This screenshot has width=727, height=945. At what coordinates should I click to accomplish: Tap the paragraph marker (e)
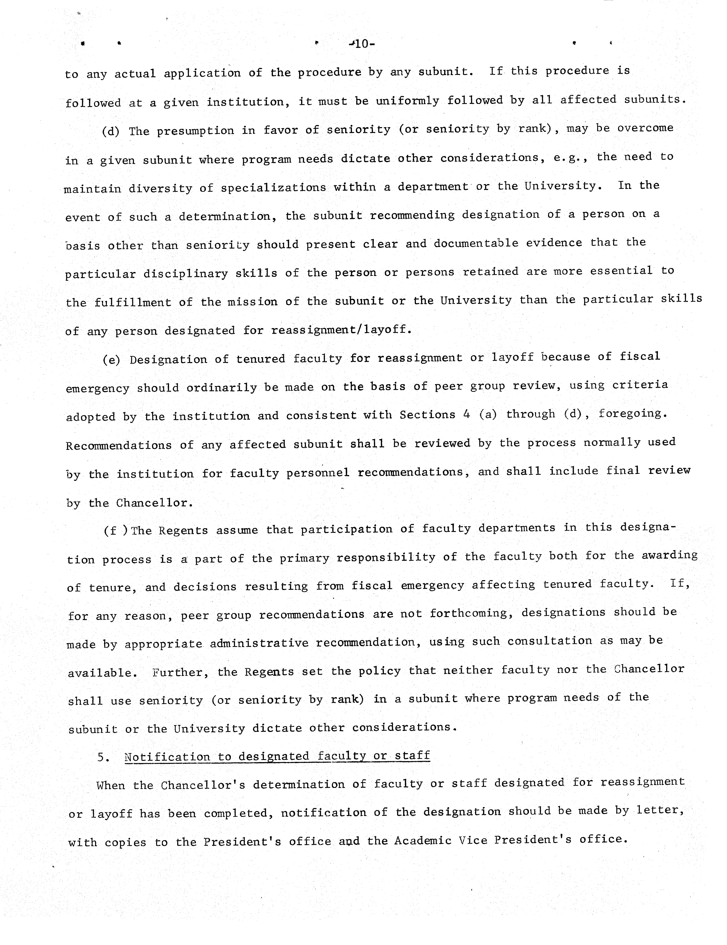coord(111,360)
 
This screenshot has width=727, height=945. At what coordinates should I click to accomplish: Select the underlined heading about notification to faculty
coord(277,756)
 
